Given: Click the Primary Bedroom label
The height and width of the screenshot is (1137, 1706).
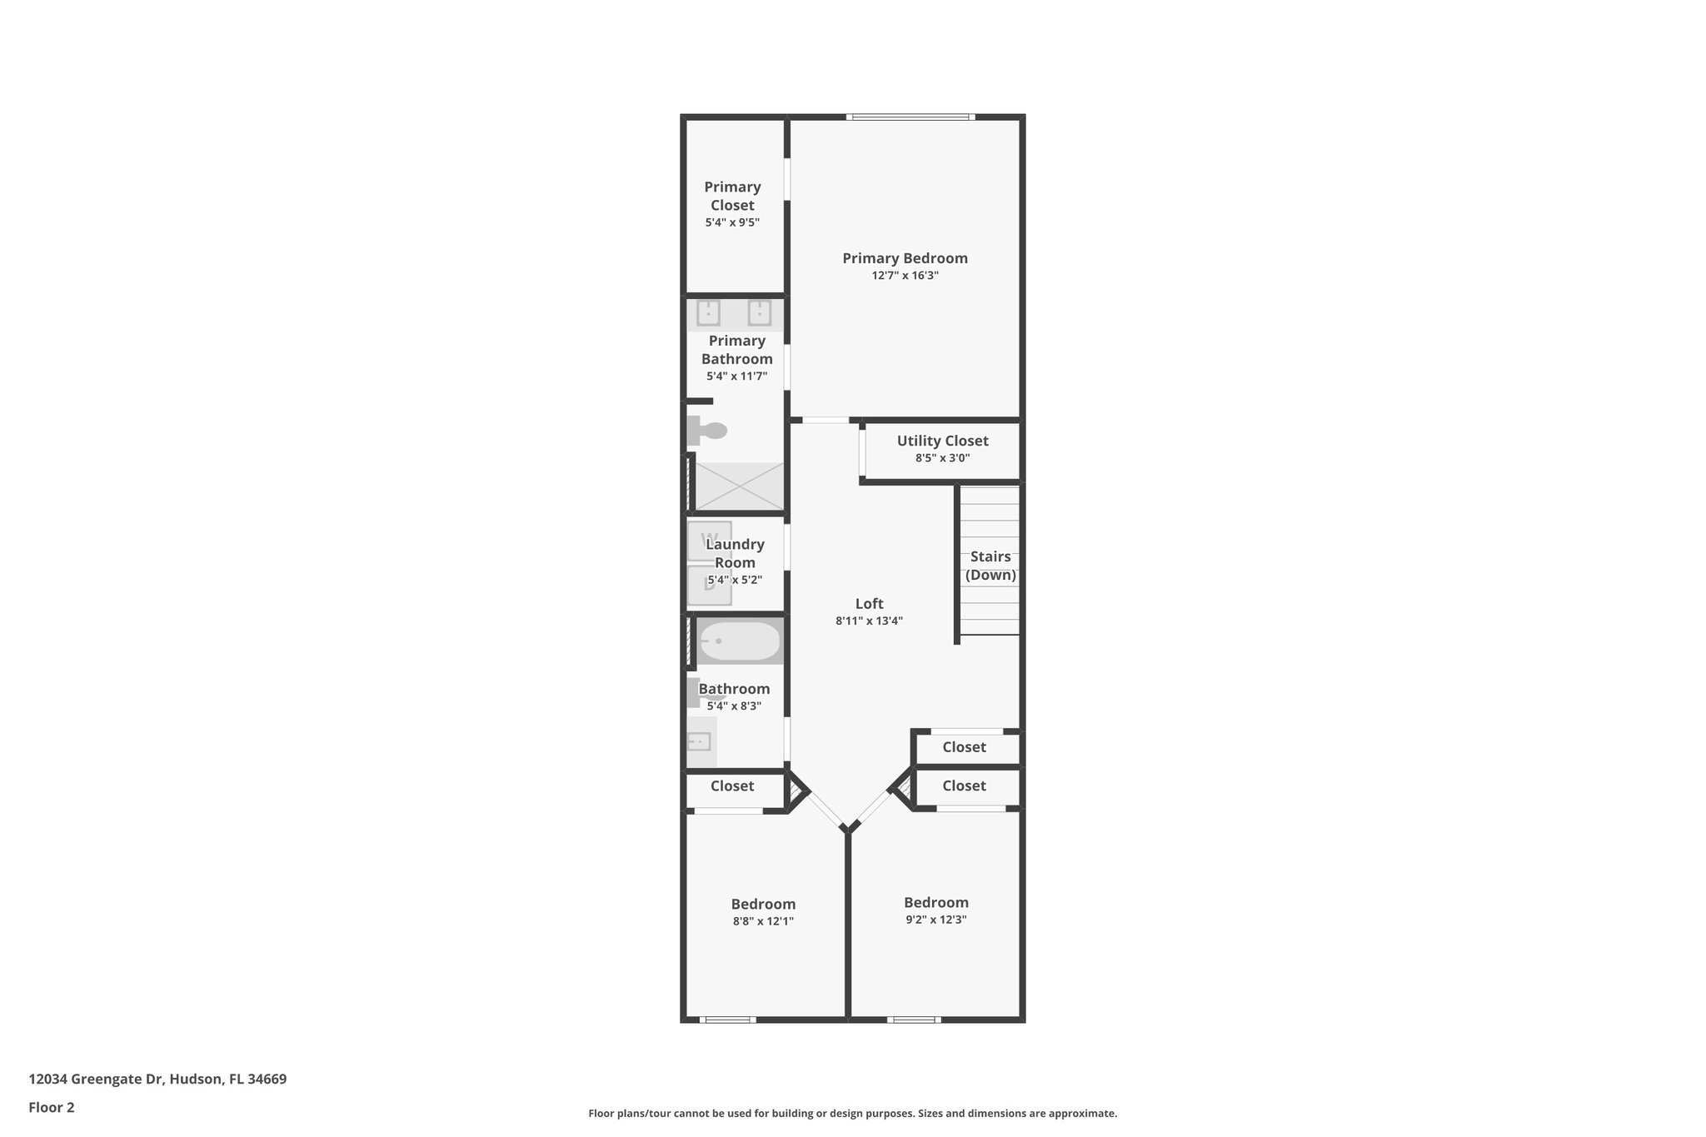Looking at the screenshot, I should [905, 258].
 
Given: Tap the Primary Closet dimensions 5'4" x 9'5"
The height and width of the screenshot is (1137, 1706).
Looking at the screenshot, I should [732, 222].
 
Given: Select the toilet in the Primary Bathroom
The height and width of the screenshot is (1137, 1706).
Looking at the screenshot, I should [707, 431].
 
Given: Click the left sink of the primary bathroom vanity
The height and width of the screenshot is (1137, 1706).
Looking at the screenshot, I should [708, 313].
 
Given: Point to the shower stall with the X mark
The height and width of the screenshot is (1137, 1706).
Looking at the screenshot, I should [739, 486].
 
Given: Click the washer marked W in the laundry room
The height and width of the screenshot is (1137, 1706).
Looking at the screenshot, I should [710, 540].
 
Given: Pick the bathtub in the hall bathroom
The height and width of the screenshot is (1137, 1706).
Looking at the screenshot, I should [740, 641].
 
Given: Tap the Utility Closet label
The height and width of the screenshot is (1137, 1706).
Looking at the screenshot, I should [942, 441].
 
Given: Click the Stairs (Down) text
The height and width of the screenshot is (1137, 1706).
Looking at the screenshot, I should [990, 566].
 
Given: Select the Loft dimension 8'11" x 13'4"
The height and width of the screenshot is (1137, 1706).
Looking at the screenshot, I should [869, 621].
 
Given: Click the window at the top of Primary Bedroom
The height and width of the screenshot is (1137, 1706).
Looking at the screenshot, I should [910, 117].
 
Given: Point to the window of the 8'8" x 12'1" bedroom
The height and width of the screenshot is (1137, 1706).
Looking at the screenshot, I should [727, 1020].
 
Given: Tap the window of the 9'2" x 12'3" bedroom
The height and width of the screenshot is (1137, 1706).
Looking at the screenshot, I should [913, 1020].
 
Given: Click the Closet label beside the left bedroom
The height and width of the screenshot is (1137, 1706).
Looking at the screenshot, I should [732, 785].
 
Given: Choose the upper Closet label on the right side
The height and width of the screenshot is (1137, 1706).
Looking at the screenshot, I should [964, 747].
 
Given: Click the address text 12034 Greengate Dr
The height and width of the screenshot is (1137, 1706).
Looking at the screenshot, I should [157, 1080].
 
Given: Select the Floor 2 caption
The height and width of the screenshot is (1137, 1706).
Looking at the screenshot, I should [52, 1107].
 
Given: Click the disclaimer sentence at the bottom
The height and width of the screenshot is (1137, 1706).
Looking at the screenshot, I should [852, 1113].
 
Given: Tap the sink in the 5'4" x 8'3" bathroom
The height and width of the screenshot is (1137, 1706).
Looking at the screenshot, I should [699, 741].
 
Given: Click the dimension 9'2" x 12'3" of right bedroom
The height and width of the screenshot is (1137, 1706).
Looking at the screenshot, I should [935, 920].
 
